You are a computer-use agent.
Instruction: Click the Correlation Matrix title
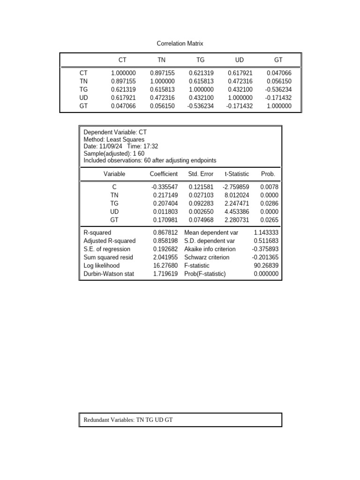click(x=180, y=44)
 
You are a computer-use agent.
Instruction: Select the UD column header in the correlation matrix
click(x=239, y=60)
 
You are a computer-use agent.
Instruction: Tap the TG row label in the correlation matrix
click(x=83, y=90)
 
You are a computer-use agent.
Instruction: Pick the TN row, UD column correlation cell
click(x=240, y=81)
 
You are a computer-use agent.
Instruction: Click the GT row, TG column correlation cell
click(x=201, y=106)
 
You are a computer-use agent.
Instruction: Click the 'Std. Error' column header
click(x=201, y=174)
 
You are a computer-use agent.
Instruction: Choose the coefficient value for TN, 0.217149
click(x=165, y=195)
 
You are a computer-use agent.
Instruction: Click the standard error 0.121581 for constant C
click(x=201, y=187)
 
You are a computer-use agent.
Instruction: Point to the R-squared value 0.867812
click(x=165, y=233)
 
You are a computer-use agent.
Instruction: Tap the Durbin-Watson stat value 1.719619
click(x=165, y=274)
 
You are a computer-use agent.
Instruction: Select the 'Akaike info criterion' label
click(x=210, y=249)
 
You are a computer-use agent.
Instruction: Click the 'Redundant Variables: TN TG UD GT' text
click(x=128, y=420)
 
